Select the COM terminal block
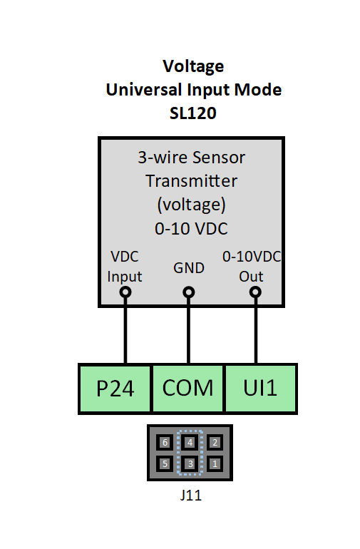[x=188, y=388]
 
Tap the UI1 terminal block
[x=261, y=388]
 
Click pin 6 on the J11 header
[x=165, y=442]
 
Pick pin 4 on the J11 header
[x=190, y=442]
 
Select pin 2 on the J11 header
[x=215, y=442]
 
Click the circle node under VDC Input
[x=125, y=292]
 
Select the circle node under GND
[x=189, y=292]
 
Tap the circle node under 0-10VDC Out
[x=255, y=292]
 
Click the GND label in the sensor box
[x=189, y=268]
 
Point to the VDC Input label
[x=125, y=266]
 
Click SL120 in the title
[x=193, y=112]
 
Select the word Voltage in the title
[x=193, y=66]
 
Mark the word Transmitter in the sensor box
[x=191, y=181]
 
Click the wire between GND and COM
[x=189, y=332]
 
